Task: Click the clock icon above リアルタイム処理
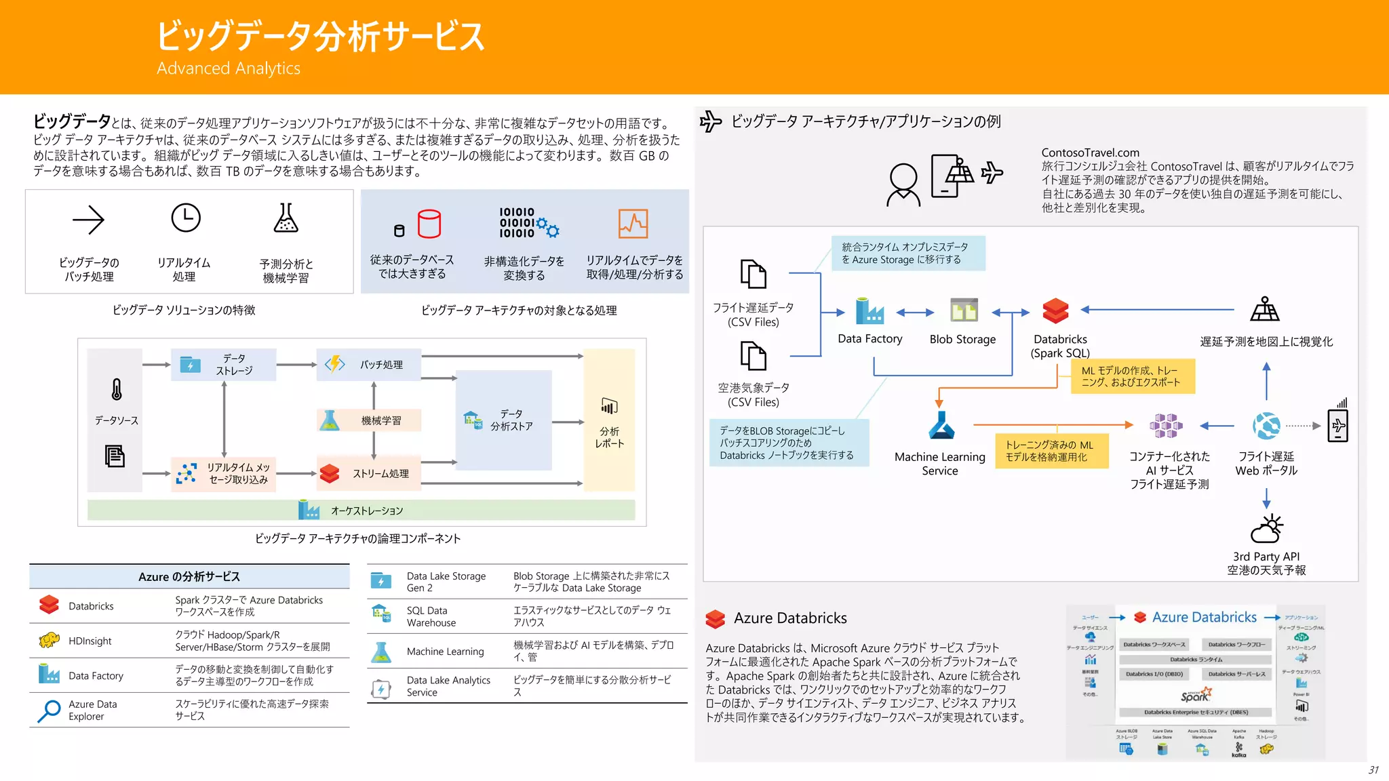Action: click(x=185, y=218)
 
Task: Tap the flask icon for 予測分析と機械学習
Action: click(x=286, y=218)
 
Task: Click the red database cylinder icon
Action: click(x=429, y=224)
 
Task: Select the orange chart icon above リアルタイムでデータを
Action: click(x=633, y=224)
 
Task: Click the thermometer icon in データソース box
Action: click(x=117, y=389)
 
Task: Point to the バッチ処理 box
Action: click(x=369, y=365)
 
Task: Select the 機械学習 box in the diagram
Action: click(x=369, y=420)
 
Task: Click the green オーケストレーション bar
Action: click(x=361, y=510)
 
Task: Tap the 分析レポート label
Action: click(x=609, y=437)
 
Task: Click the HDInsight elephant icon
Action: click(x=49, y=640)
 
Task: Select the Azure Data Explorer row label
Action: click(x=92, y=710)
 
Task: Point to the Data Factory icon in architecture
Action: click(x=869, y=311)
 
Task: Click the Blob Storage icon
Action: click(x=964, y=310)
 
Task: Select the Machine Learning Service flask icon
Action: click(x=941, y=426)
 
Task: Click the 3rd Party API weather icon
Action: click(x=1266, y=529)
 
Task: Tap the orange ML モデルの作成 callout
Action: click(x=1133, y=376)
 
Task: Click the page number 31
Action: click(x=1373, y=769)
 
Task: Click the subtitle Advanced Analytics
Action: click(x=229, y=68)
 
